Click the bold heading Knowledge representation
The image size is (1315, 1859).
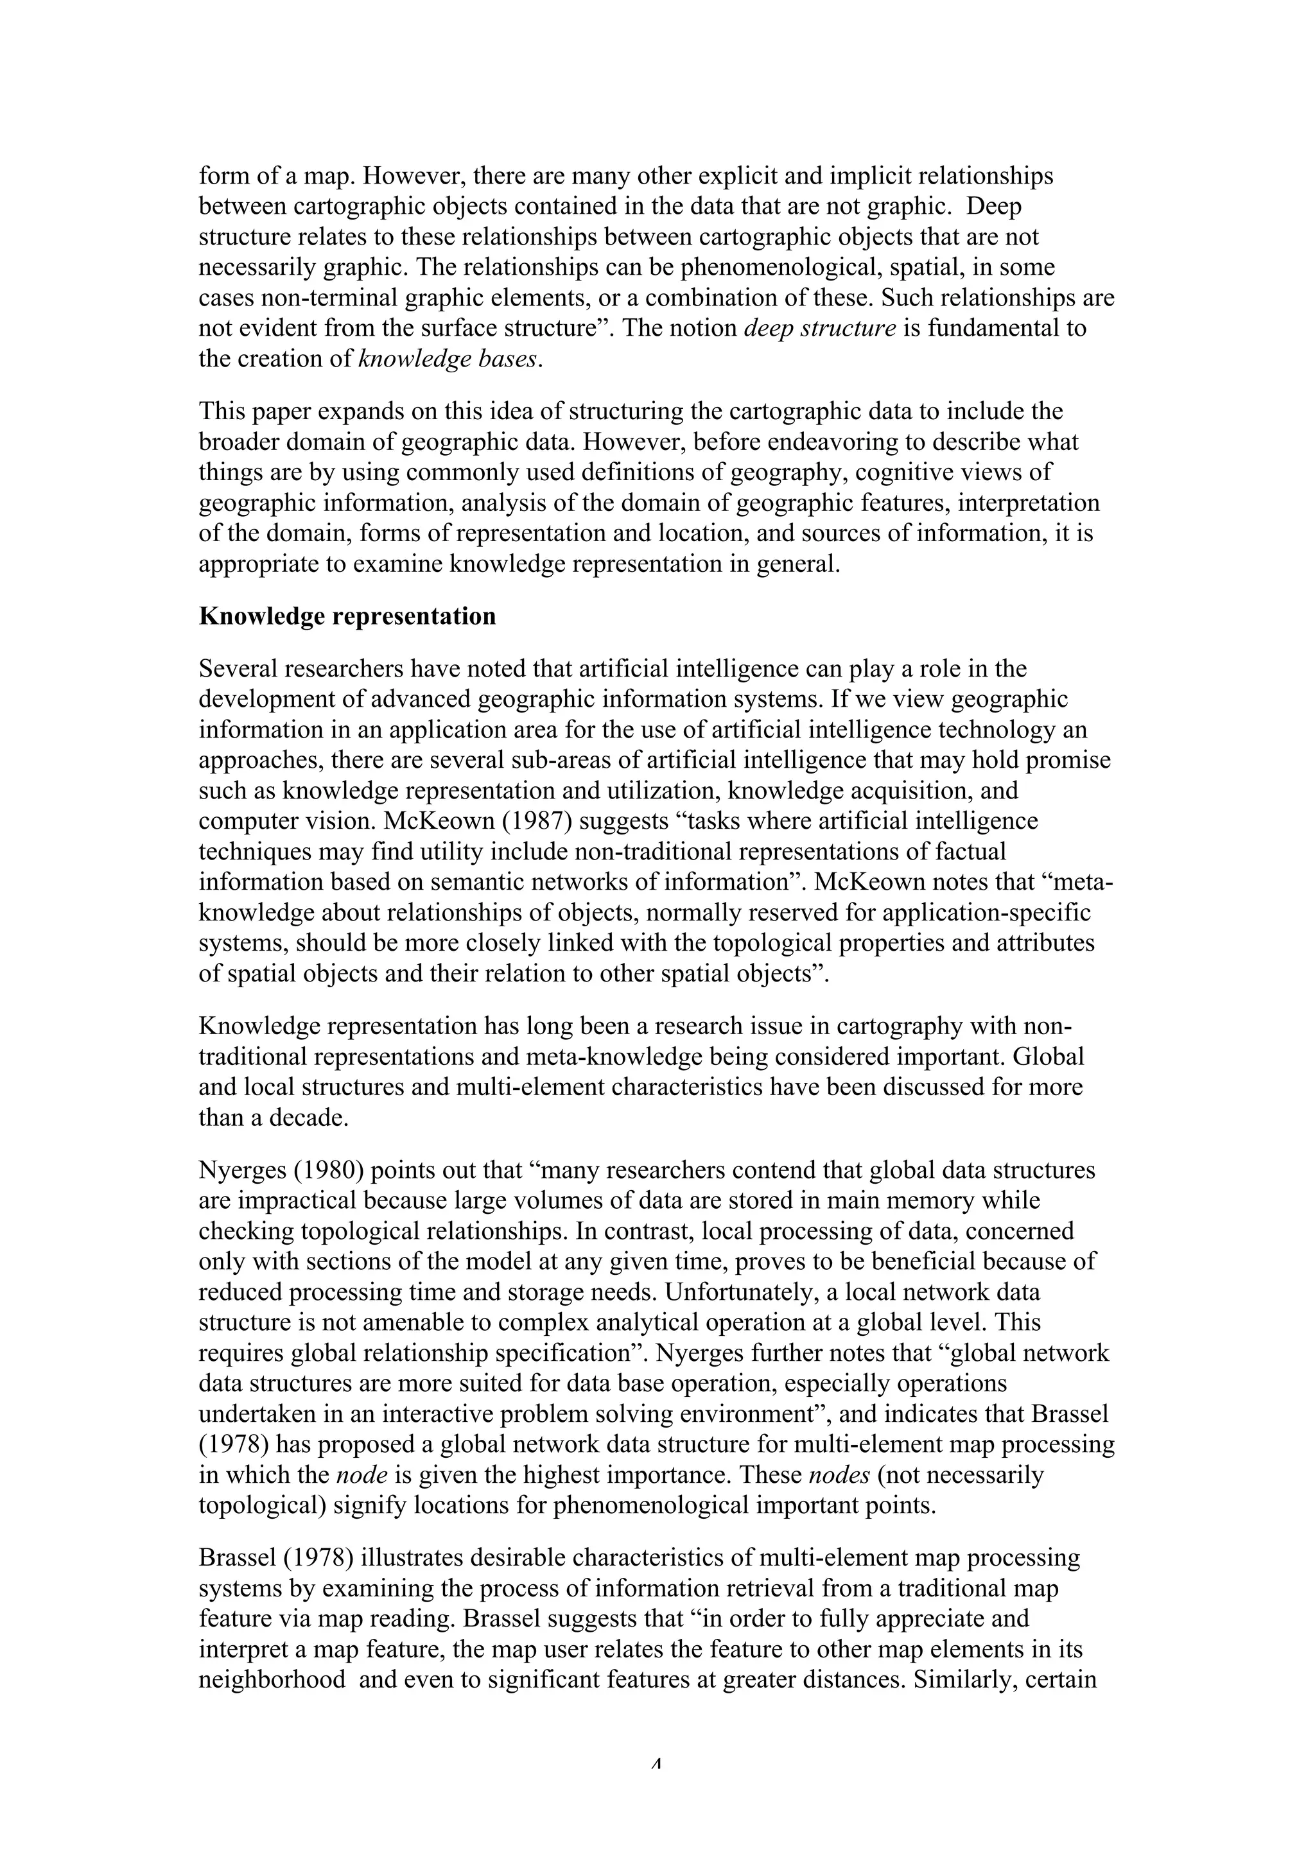347,616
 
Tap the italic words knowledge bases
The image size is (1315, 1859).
448,359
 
